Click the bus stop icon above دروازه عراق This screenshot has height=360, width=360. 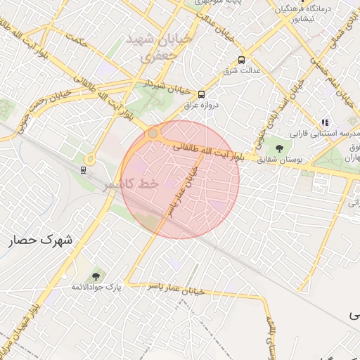(x=202, y=94)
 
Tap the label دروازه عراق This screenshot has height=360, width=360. (x=202, y=105)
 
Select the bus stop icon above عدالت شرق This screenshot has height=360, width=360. (x=242, y=60)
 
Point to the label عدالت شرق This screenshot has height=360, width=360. (x=242, y=71)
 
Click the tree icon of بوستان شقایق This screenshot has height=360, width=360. (x=280, y=148)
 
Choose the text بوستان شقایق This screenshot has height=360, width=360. (x=280, y=160)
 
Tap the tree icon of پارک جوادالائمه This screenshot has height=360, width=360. (x=96, y=276)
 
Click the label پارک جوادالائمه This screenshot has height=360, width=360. (x=96, y=288)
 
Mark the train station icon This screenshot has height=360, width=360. (x=84, y=169)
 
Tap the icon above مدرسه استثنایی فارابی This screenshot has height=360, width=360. (x=324, y=122)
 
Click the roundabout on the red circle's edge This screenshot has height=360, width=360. (x=153, y=134)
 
